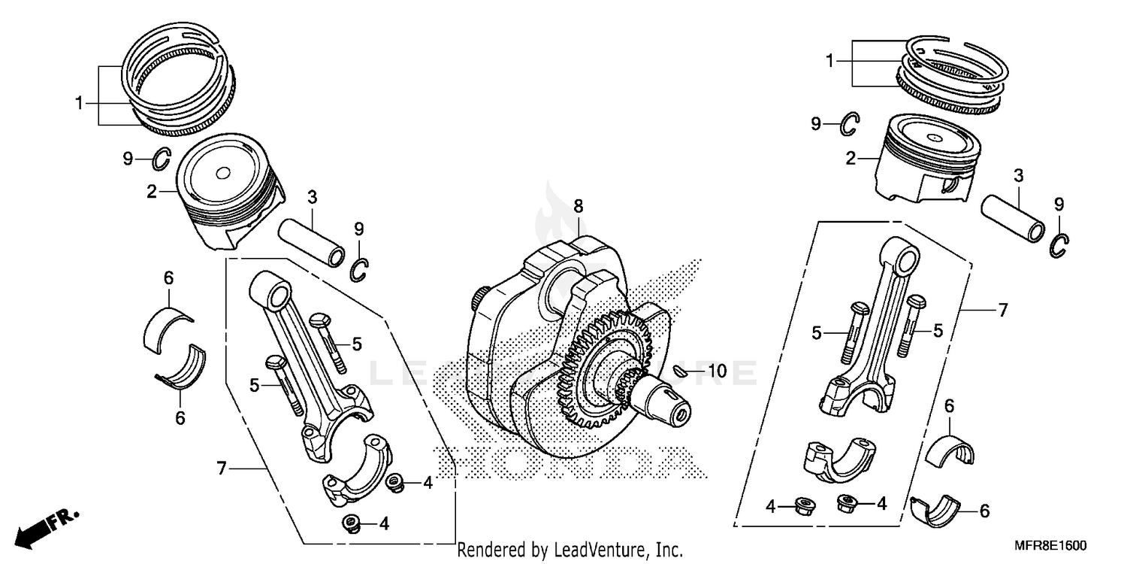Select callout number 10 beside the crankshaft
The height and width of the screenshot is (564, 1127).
(x=717, y=371)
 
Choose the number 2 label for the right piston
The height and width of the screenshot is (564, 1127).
(x=851, y=159)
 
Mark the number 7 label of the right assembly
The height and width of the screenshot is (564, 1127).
(x=1002, y=309)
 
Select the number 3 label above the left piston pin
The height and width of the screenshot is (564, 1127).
(x=312, y=198)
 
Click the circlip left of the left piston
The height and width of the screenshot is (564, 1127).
(x=162, y=158)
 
